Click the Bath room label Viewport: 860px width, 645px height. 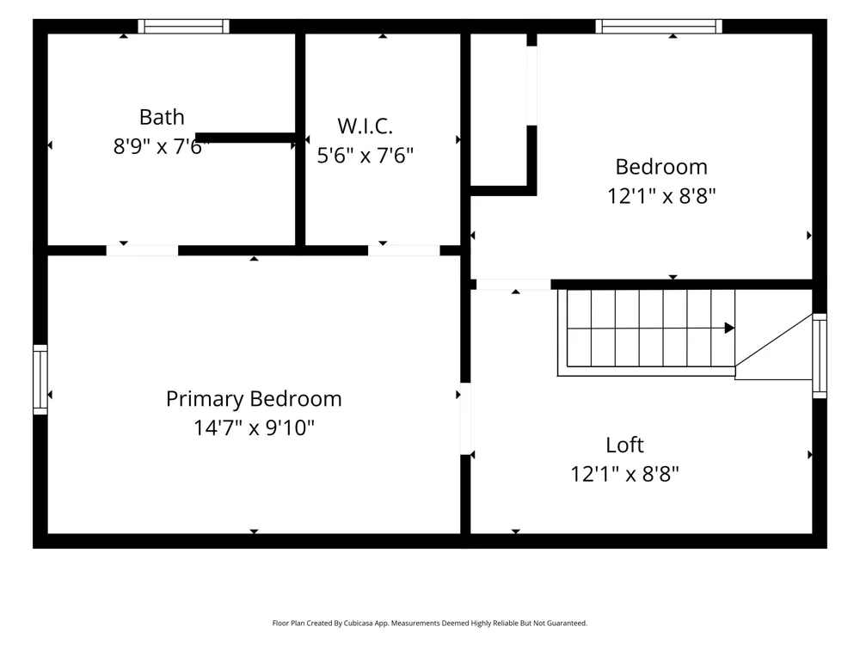(x=162, y=117)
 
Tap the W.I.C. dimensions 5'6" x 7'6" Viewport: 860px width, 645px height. (x=365, y=155)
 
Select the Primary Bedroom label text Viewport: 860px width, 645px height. (x=254, y=399)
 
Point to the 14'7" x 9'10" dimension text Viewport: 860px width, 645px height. (x=254, y=427)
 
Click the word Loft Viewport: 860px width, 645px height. (x=624, y=445)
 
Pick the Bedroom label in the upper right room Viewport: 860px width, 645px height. (x=661, y=167)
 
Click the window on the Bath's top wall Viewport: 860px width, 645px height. (x=183, y=27)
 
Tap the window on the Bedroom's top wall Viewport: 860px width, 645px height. (x=659, y=27)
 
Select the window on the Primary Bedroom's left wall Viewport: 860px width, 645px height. (x=40, y=379)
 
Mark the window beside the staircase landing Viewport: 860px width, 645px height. (x=820, y=356)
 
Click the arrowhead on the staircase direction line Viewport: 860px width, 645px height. (x=729, y=328)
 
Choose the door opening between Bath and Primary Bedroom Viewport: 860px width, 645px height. (x=142, y=250)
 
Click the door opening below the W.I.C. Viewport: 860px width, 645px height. (x=403, y=250)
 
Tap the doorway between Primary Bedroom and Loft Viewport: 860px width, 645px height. (x=465, y=419)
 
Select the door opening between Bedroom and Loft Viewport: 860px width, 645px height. (x=513, y=285)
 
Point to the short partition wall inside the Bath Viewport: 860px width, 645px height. (x=246, y=138)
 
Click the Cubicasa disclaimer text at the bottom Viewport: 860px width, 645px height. (x=430, y=623)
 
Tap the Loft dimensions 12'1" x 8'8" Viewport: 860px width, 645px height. (x=624, y=474)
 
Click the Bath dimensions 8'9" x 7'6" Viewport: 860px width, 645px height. (x=162, y=146)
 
